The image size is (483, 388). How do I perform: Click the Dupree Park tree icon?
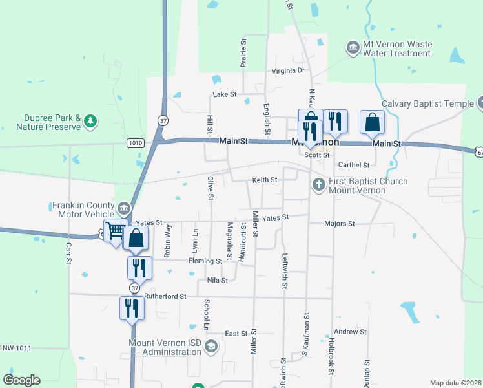[x=91, y=120]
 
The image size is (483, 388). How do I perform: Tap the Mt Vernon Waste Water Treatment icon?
[x=353, y=47]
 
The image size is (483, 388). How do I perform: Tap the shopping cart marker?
[x=115, y=231]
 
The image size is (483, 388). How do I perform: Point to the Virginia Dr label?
[x=288, y=70]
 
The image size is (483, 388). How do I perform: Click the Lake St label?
[x=225, y=94]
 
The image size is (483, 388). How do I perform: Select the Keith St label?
[x=265, y=180]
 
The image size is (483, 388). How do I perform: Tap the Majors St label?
[x=340, y=224]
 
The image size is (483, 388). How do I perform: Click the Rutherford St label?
[x=165, y=296]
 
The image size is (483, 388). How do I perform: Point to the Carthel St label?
[x=353, y=166]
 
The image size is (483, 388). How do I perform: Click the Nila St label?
[x=218, y=280]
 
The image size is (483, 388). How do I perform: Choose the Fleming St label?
[x=205, y=261]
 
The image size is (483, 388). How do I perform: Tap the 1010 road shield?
[x=136, y=143]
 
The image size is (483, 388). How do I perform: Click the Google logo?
[x=21, y=380]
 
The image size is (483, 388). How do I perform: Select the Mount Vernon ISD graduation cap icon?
[x=211, y=347]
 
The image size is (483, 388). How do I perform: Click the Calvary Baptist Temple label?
[x=427, y=103]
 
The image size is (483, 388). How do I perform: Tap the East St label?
[x=236, y=334]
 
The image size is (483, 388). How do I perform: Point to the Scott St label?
[x=317, y=155]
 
